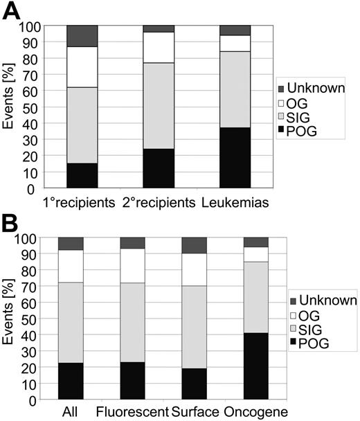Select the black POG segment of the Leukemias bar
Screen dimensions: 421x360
tap(235, 157)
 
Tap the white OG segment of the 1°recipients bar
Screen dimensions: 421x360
tap(82, 66)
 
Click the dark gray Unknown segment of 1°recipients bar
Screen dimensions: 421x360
tap(82, 35)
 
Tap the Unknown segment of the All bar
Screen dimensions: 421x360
tap(71, 243)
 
